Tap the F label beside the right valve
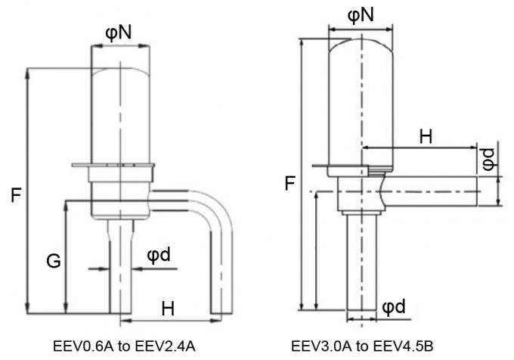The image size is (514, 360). coord(290,182)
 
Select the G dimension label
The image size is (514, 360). coord(53,261)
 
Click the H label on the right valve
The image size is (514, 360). coord(426,137)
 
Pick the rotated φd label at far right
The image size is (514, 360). coord(489,160)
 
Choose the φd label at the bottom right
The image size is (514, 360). coord(394,307)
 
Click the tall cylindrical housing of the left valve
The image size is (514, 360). coord(119,113)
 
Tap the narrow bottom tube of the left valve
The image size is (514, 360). coord(119,272)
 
